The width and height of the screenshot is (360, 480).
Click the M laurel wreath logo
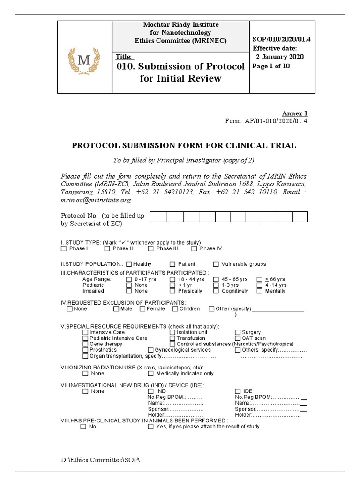click(x=85, y=60)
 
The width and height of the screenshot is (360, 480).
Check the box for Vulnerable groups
click(x=216, y=264)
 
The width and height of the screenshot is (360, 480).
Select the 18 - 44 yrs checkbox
click(x=172, y=279)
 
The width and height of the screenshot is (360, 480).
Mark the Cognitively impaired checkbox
click(x=216, y=291)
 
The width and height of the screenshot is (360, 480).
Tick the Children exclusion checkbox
click(x=175, y=308)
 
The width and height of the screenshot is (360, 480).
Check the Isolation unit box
click(x=172, y=332)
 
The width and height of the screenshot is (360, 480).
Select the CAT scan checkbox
click(x=238, y=338)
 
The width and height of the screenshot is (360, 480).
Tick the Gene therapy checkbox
click(x=85, y=344)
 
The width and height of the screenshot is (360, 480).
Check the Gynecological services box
click(x=151, y=350)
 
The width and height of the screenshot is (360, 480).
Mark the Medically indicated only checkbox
click(x=151, y=374)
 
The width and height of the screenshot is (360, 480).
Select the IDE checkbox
click(x=238, y=391)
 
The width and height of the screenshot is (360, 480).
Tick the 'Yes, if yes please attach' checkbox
click(x=151, y=427)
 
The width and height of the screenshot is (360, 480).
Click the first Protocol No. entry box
click(x=159, y=217)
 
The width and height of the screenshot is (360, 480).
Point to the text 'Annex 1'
click(x=294, y=113)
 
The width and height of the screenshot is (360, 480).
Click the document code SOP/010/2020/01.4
click(x=281, y=39)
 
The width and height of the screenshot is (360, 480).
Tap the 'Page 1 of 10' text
click(x=271, y=66)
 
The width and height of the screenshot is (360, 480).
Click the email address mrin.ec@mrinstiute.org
click(x=96, y=200)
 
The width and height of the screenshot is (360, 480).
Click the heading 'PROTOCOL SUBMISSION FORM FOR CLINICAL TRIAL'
click(x=184, y=146)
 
